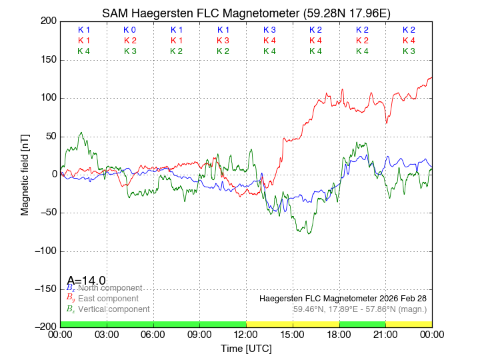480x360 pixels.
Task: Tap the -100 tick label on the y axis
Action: pos(45,251)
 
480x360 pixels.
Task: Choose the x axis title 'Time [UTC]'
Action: pos(246,349)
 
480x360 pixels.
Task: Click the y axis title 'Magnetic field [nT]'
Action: pos(25,173)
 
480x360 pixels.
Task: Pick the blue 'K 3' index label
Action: pos(269,30)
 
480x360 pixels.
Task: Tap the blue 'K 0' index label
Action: pos(130,30)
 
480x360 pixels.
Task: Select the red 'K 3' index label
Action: pos(223,41)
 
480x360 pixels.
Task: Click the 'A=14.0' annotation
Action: pos(86,281)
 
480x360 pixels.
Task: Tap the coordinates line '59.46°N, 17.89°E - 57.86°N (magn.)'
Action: pos(360,309)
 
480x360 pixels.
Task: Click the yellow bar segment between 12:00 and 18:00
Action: pos(293,324)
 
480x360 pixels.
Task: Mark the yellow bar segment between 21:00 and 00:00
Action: pos(409,324)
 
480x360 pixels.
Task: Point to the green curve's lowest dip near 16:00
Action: pos(309,233)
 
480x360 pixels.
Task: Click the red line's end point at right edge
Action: pos(431,77)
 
